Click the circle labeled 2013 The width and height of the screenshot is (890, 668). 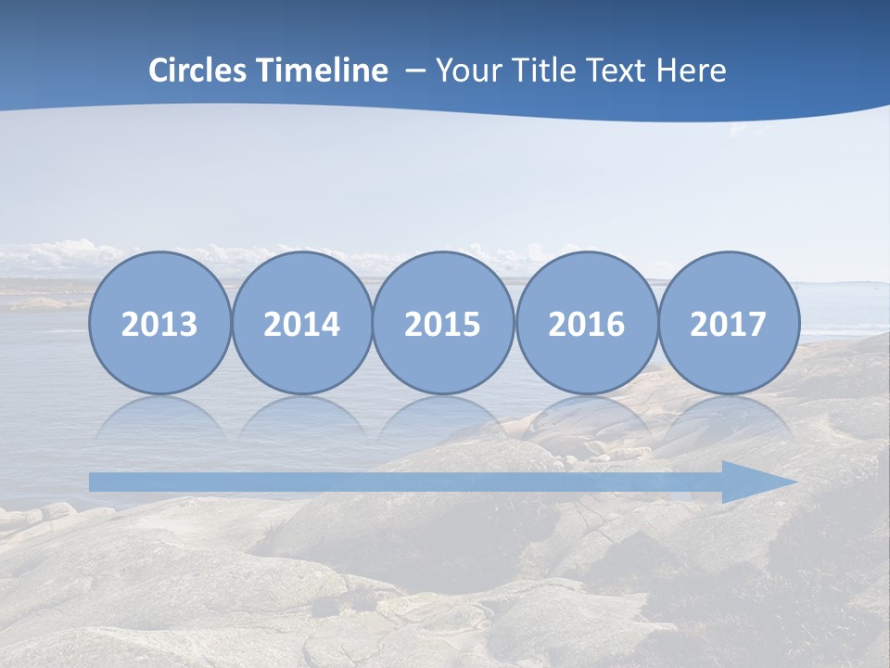159,323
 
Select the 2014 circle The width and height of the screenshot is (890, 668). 302,323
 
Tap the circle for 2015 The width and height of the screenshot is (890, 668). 443,323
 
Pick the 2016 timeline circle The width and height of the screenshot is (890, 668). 587,323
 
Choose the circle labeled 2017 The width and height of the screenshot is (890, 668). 729,323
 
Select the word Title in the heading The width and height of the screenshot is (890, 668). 548,71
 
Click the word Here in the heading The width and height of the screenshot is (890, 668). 693,71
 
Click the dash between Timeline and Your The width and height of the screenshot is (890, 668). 415,71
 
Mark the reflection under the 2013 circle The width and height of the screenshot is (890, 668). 159,417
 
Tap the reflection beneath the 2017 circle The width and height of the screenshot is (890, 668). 729,417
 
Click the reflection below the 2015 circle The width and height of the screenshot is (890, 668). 443,417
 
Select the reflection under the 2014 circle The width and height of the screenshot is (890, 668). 302,417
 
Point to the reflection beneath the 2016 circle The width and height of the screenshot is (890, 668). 587,417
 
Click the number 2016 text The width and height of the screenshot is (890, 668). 587,325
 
